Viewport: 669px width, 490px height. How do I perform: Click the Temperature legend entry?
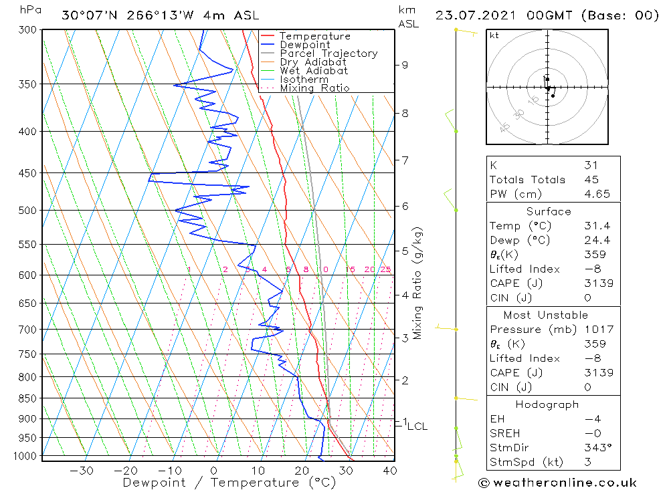(314, 36)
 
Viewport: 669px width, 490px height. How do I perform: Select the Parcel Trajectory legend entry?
(328, 53)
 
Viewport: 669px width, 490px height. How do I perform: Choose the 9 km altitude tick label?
(404, 65)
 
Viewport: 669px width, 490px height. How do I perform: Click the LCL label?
(417, 426)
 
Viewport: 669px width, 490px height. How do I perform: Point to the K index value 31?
(591, 165)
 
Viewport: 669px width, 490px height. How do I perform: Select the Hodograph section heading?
(546, 404)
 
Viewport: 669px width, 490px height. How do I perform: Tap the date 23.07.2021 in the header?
(474, 15)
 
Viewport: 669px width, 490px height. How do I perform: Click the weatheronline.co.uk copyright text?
(558, 482)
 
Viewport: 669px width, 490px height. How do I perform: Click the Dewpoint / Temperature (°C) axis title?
(229, 482)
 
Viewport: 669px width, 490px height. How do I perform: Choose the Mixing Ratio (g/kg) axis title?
(418, 283)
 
